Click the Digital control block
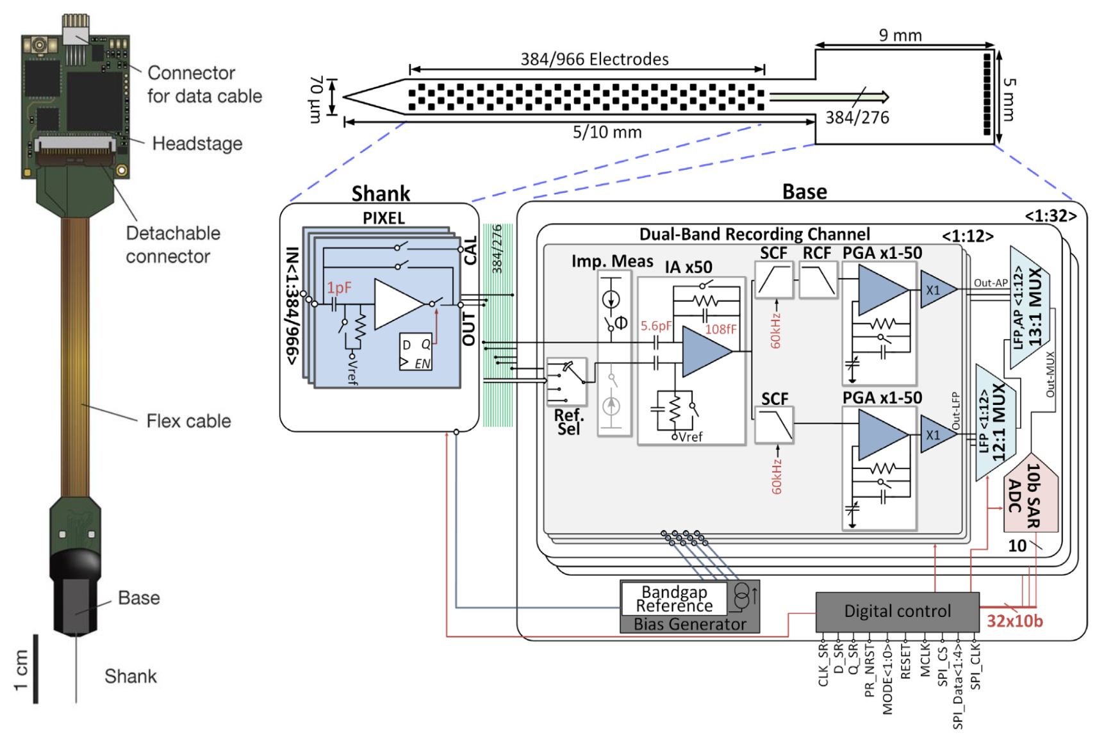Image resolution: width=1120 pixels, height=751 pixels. tap(897, 611)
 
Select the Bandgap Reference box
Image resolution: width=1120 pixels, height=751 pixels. tap(674, 598)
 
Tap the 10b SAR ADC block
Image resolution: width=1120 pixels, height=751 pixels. tap(1029, 497)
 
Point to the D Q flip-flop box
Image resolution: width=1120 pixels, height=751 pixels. tap(415, 352)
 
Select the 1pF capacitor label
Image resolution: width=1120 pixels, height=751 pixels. tap(339, 288)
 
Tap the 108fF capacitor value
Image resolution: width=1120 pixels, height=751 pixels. tap(721, 329)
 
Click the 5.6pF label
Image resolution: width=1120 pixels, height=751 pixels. tap(656, 326)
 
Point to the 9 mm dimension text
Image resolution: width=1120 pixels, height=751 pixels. tap(900, 35)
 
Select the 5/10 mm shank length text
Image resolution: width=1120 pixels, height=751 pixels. tap(607, 133)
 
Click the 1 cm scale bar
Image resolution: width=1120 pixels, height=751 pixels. tap(35, 669)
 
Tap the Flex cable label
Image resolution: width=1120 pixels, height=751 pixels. tap(188, 421)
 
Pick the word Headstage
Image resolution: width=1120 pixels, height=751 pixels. tap(197, 144)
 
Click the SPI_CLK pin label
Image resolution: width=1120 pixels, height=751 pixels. tap(975, 666)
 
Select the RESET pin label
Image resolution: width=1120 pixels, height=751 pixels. tap(905, 661)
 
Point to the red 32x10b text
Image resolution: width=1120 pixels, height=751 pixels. tap(1014, 621)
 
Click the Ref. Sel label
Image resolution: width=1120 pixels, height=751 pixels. tap(568, 422)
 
